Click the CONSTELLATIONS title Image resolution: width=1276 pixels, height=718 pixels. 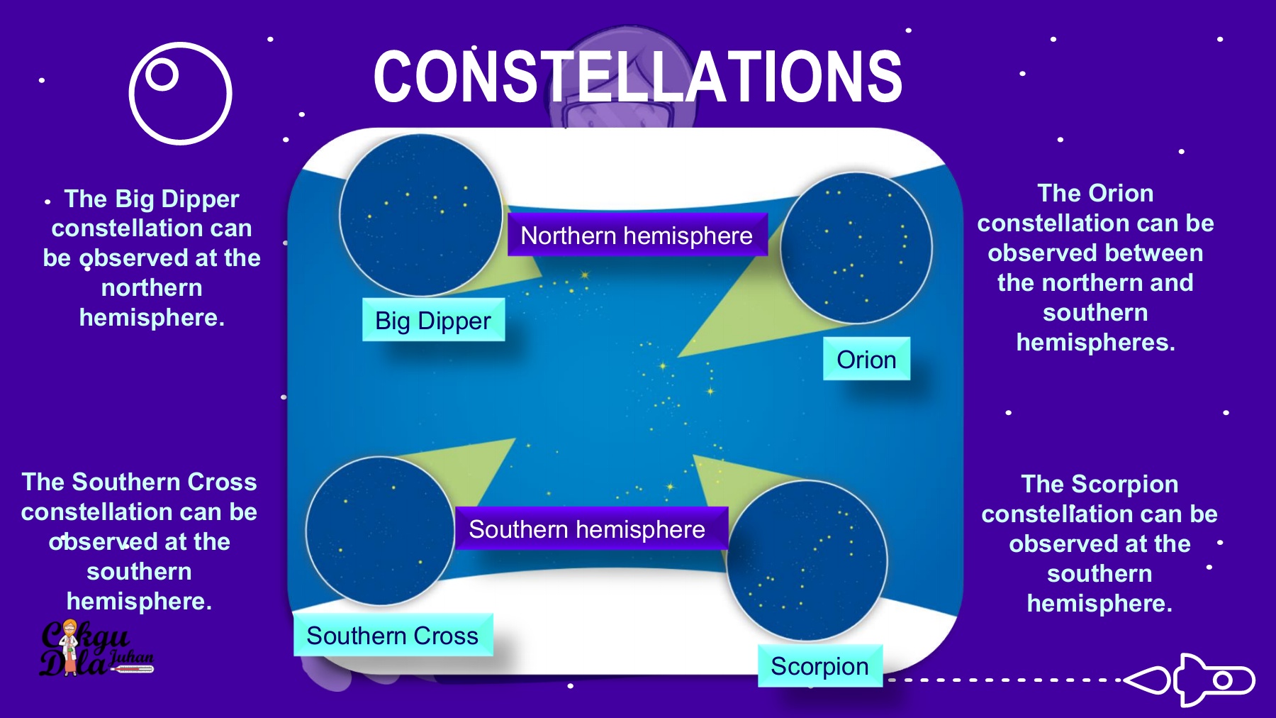point(638,76)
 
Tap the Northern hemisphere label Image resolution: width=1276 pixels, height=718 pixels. point(637,235)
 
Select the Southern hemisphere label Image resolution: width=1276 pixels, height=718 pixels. point(591,529)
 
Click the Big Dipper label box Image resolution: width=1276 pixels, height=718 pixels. point(433,320)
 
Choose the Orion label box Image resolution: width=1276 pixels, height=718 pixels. point(866,359)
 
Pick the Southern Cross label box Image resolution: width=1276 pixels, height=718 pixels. point(393,635)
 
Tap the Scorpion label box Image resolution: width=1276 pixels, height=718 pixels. point(820,665)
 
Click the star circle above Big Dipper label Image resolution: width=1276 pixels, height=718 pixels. point(421,215)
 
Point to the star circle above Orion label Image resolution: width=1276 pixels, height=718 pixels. point(856,248)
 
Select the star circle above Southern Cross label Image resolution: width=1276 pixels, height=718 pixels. point(381,531)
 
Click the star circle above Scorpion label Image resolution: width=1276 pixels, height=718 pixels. point(807,560)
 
